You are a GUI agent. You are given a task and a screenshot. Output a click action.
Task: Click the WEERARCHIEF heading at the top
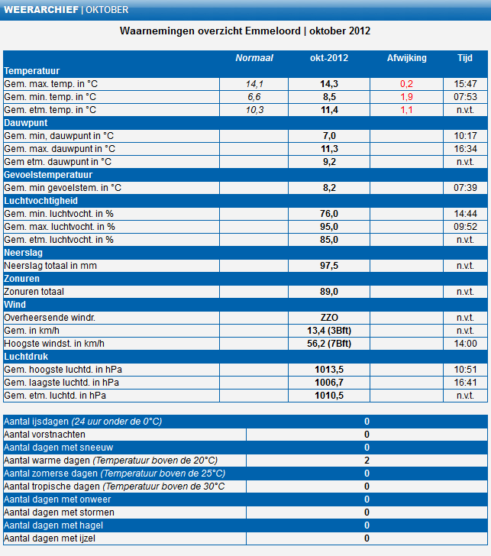[40, 10]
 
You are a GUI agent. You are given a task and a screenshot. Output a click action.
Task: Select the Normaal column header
[254, 58]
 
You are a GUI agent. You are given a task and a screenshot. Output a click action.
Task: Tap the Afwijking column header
[406, 58]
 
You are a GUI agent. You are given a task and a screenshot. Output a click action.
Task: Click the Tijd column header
[464, 58]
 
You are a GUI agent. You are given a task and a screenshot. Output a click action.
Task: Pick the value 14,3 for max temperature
[329, 84]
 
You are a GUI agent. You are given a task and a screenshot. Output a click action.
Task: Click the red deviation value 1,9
[406, 97]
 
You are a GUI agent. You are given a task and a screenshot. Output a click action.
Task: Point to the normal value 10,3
[254, 110]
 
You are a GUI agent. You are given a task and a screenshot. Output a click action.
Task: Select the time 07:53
[465, 97]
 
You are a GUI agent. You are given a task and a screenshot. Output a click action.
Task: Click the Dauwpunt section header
[26, 122]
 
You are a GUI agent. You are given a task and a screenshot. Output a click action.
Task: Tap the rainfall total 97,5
[329, 266]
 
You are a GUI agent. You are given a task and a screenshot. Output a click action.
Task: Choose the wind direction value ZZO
[329, 318]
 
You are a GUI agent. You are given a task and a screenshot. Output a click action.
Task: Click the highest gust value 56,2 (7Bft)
[329, 344]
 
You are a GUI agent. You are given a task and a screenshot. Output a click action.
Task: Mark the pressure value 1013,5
[329, 370]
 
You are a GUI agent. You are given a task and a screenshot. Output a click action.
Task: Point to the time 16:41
[465, 383]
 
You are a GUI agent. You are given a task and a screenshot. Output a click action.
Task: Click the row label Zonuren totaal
[34, 292]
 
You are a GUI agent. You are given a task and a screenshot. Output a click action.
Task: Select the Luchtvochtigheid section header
[41, 200]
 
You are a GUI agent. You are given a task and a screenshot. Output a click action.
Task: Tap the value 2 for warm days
[367, 461]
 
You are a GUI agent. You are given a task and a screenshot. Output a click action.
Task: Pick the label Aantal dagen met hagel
[54, 525]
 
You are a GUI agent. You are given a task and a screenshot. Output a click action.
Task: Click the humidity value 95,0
[329, 227]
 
